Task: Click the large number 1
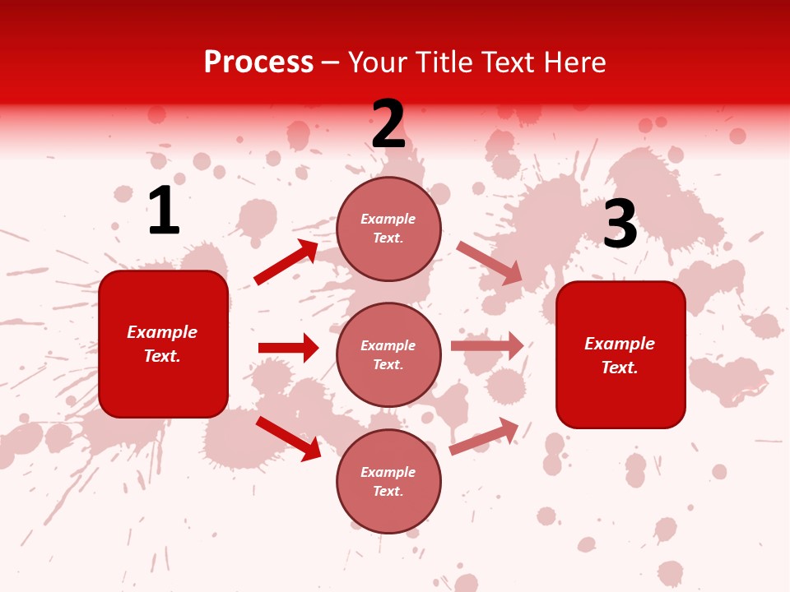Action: pyautogui.click(x=164, y=211)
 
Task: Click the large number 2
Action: pyautogui.click(x=388, y=125)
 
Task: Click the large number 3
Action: pyautogui.click(x=620, y=224)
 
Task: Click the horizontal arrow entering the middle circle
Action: pyautogui.click(x=289, y=348)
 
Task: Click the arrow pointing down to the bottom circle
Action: pyautogui.click(x=289, y=438)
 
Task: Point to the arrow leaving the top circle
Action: pyautogui.click(x=489, y=262)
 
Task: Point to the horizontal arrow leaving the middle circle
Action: pyautogui.click(x=487, y=345)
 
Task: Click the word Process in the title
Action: pyautogui.click(x=258, y=62)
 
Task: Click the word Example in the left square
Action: pyautogui.click(x=162, y=332)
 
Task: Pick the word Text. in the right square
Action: pyautogui.click(x=620, y=368)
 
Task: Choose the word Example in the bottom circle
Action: pyautogui.click(x=388, y=472)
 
